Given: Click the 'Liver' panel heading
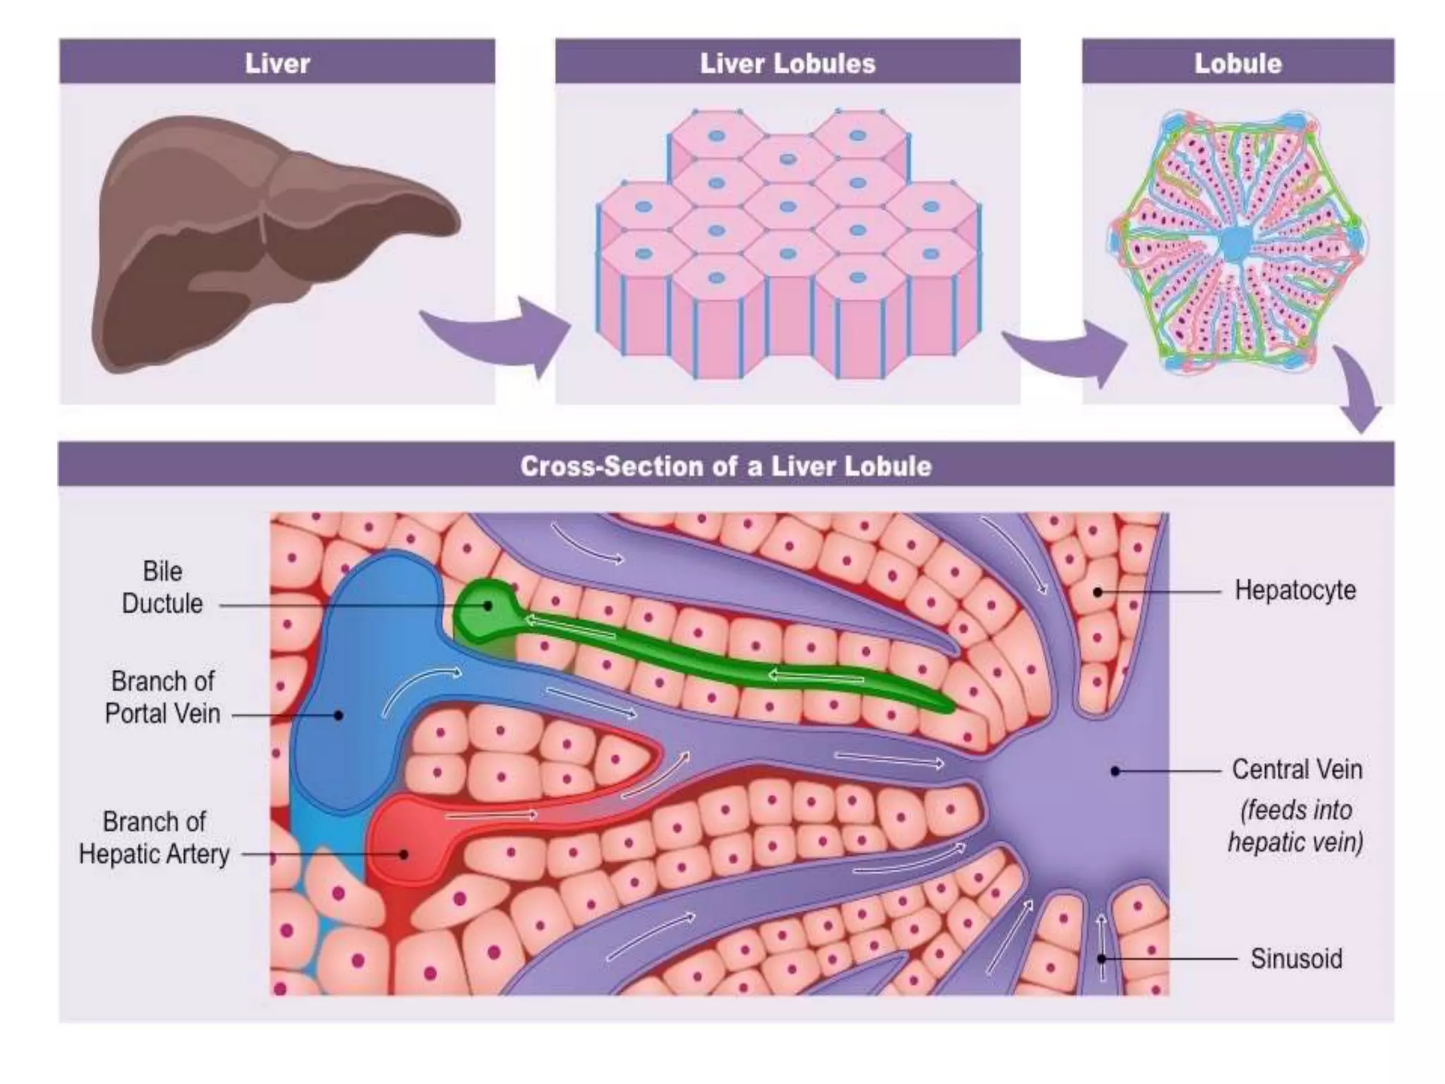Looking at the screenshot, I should point(277,64).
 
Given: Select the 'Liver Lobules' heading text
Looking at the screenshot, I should point(787,64).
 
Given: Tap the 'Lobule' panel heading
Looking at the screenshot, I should point(1238,64).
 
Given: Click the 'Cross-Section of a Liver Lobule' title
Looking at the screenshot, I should point(726,466).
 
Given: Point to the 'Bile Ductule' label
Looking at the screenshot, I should point(162,587).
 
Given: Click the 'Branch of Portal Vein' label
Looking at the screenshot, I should point(162,697).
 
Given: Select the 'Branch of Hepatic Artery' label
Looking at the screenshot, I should point(154,838).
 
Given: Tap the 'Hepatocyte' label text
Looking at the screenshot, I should point(1295,590).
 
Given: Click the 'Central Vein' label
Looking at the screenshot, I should point(1297,769).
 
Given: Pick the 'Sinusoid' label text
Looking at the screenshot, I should point(1296,958).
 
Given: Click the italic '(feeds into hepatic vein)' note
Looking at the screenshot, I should point(1295,826).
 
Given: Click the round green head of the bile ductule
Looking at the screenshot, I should point(486,606).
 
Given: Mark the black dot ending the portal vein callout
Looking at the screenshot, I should point(339,715).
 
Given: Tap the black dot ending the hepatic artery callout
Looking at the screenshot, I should point(404,854).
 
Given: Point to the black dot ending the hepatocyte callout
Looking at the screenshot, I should point(1098,591).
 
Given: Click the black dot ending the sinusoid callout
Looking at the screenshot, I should point(1101,958).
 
